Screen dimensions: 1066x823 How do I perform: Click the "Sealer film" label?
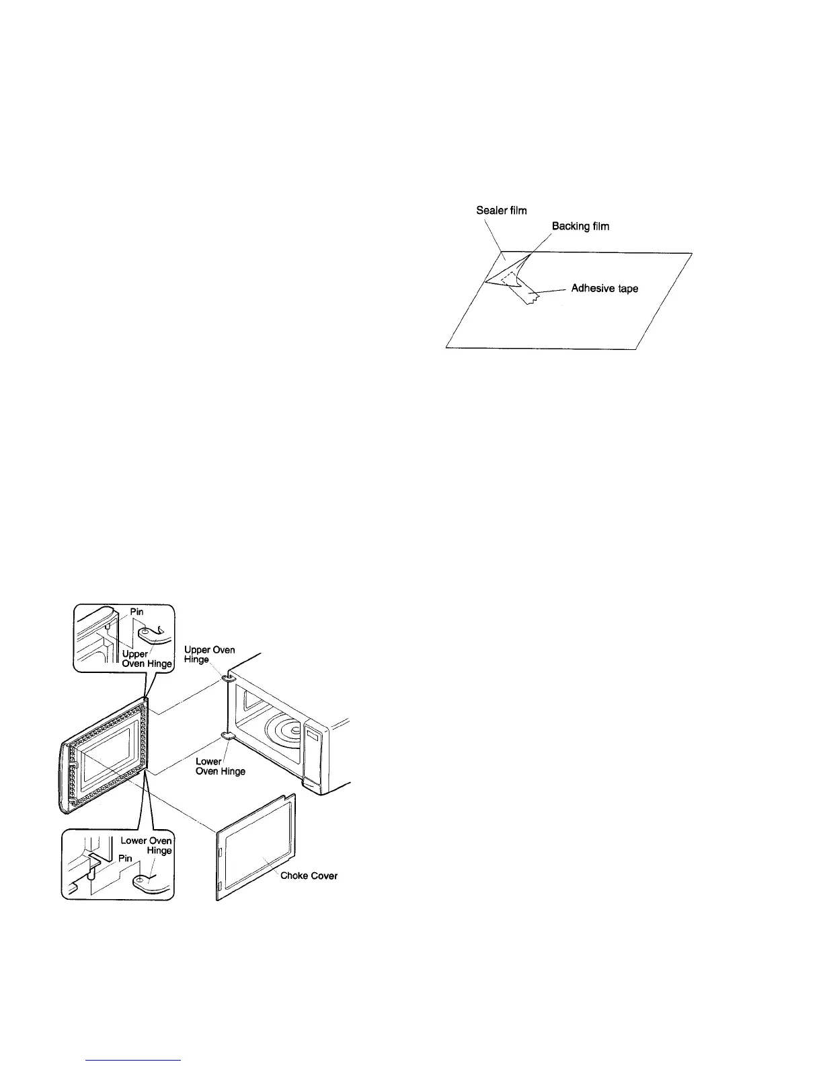501,211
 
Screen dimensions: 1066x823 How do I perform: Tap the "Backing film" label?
580,226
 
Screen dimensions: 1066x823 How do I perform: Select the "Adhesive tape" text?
604,289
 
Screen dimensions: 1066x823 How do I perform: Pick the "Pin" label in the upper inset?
136,612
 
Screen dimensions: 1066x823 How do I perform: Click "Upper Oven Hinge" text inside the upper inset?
147,659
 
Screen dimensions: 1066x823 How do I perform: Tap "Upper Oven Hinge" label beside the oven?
209,654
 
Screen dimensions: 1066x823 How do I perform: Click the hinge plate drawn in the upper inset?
147,633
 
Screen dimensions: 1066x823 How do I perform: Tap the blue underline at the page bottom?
134,1060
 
